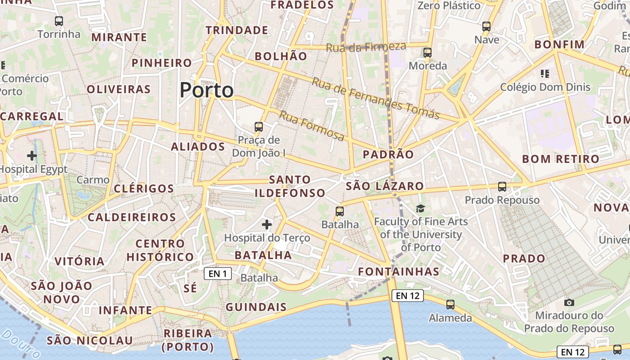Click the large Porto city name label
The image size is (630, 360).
(207, 90)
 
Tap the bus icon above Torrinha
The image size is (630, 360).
(59, 21)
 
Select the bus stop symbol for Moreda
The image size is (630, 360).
(427, 53)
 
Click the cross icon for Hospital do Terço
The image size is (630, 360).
(267, 224)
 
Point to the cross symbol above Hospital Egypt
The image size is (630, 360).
(31, 156)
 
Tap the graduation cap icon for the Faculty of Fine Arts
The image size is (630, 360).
(420, 208)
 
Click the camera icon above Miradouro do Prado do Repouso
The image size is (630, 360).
(569, 302)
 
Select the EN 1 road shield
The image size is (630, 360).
(218, 273)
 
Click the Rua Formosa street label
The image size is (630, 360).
(312, 126)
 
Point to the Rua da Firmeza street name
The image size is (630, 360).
(366, 46)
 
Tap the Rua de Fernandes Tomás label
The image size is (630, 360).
(375, 98)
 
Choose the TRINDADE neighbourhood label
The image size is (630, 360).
(237, 30)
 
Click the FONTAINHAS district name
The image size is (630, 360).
(399, 271)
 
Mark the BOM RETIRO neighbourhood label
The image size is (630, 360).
(561, 159)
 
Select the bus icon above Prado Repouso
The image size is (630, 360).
(502, 186)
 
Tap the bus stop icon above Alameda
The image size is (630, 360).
(450, 305)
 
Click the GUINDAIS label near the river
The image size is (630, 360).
(256, 307)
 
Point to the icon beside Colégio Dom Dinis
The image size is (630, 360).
(545, 73)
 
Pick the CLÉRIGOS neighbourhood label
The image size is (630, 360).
(144, 189)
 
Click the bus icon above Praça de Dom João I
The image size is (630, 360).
(259, 127)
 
